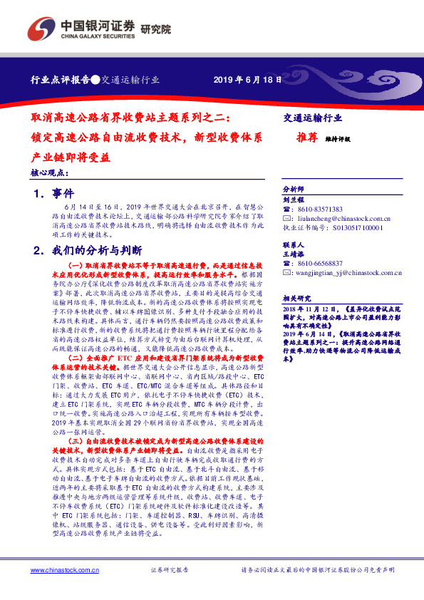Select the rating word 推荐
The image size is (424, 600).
click(x=306, y=140)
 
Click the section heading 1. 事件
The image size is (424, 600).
click(x=53, y=194)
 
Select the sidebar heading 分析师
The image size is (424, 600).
click(x=294, y=190)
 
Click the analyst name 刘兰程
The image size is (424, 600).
click(x=294, y=200)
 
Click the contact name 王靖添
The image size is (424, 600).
click(x=294, y=253)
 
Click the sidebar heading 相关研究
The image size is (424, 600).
click(x=296, y=299)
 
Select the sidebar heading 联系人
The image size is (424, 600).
click(x=294, y=243)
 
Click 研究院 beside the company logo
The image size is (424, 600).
click(x=156, y=29)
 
